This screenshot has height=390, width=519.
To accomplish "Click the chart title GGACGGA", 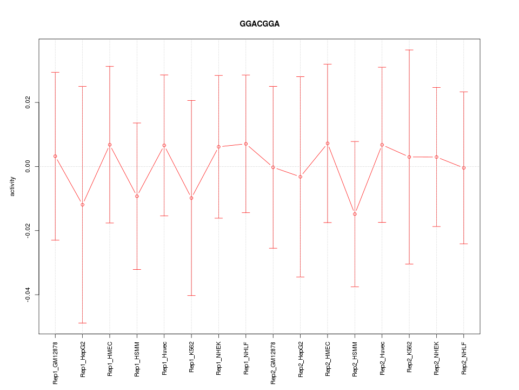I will click(259, 24).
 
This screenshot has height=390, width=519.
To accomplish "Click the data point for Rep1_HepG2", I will click(82, 204).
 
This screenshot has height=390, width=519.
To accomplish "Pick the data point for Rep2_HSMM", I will click(355, 214).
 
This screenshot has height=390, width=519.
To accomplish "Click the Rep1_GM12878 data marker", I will click(55, 156).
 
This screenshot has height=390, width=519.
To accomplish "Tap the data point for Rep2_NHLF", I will click(464, 168).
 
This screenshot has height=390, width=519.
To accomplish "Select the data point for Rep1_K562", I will click(191, 198).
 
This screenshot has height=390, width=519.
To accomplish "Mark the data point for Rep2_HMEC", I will click(328, 144).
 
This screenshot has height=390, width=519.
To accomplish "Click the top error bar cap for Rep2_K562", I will click(409, 50).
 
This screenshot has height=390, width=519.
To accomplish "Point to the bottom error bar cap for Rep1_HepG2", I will click(82, 323).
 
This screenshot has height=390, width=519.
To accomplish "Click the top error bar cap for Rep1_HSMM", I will click(137, 123).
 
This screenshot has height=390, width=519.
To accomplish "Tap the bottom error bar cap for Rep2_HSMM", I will click(355, 287).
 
